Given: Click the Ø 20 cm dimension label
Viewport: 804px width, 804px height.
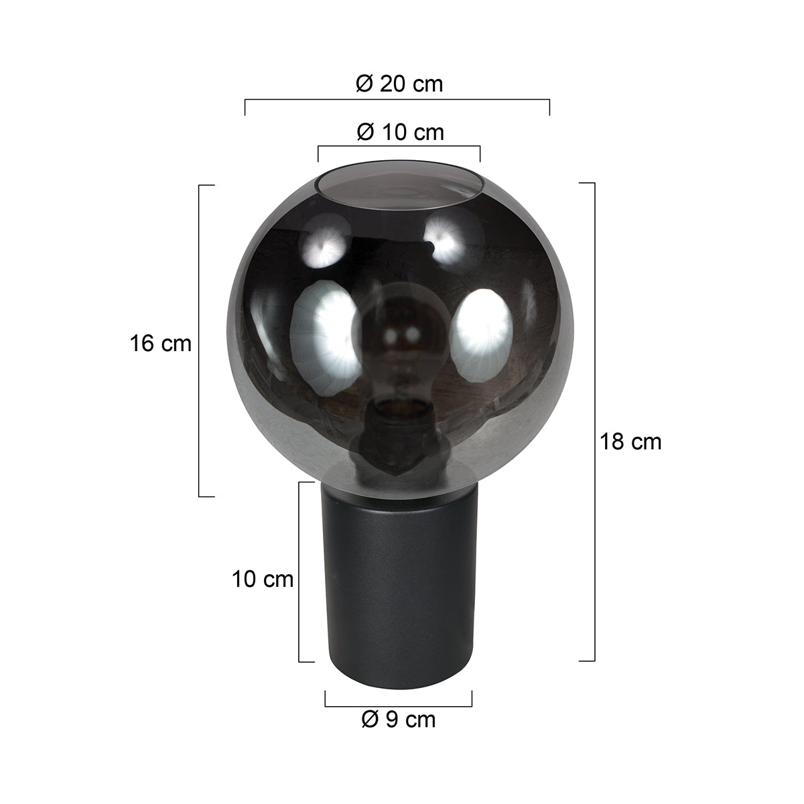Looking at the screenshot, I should [399, 84].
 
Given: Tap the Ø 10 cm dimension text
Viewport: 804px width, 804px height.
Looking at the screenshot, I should [399, 132].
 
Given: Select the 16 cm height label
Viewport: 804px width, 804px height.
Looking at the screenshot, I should [161, 344].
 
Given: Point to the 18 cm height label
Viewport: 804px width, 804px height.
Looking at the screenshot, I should [630, 442].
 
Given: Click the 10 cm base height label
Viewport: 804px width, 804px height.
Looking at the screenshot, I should [263, 579].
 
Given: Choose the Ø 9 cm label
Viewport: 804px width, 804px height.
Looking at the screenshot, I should [398, 720].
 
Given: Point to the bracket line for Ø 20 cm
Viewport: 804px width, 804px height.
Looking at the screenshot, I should [397, 100].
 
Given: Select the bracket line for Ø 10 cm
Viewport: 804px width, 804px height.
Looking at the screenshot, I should [399, 146].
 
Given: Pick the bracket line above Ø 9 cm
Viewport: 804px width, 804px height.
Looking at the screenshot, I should [399, 705].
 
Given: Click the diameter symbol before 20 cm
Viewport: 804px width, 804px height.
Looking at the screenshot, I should [364, 84].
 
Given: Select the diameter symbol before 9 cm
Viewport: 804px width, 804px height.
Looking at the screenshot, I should [371, 720].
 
